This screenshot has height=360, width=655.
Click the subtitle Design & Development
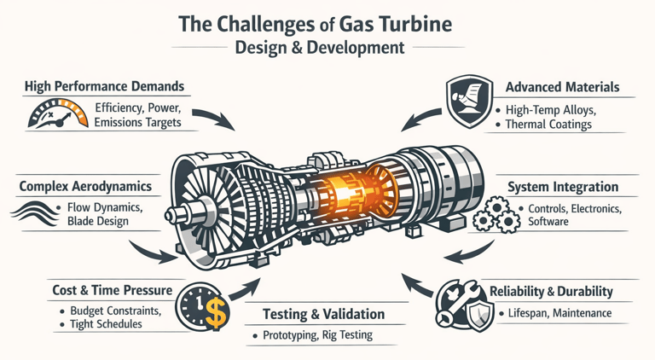pos(327,48)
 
